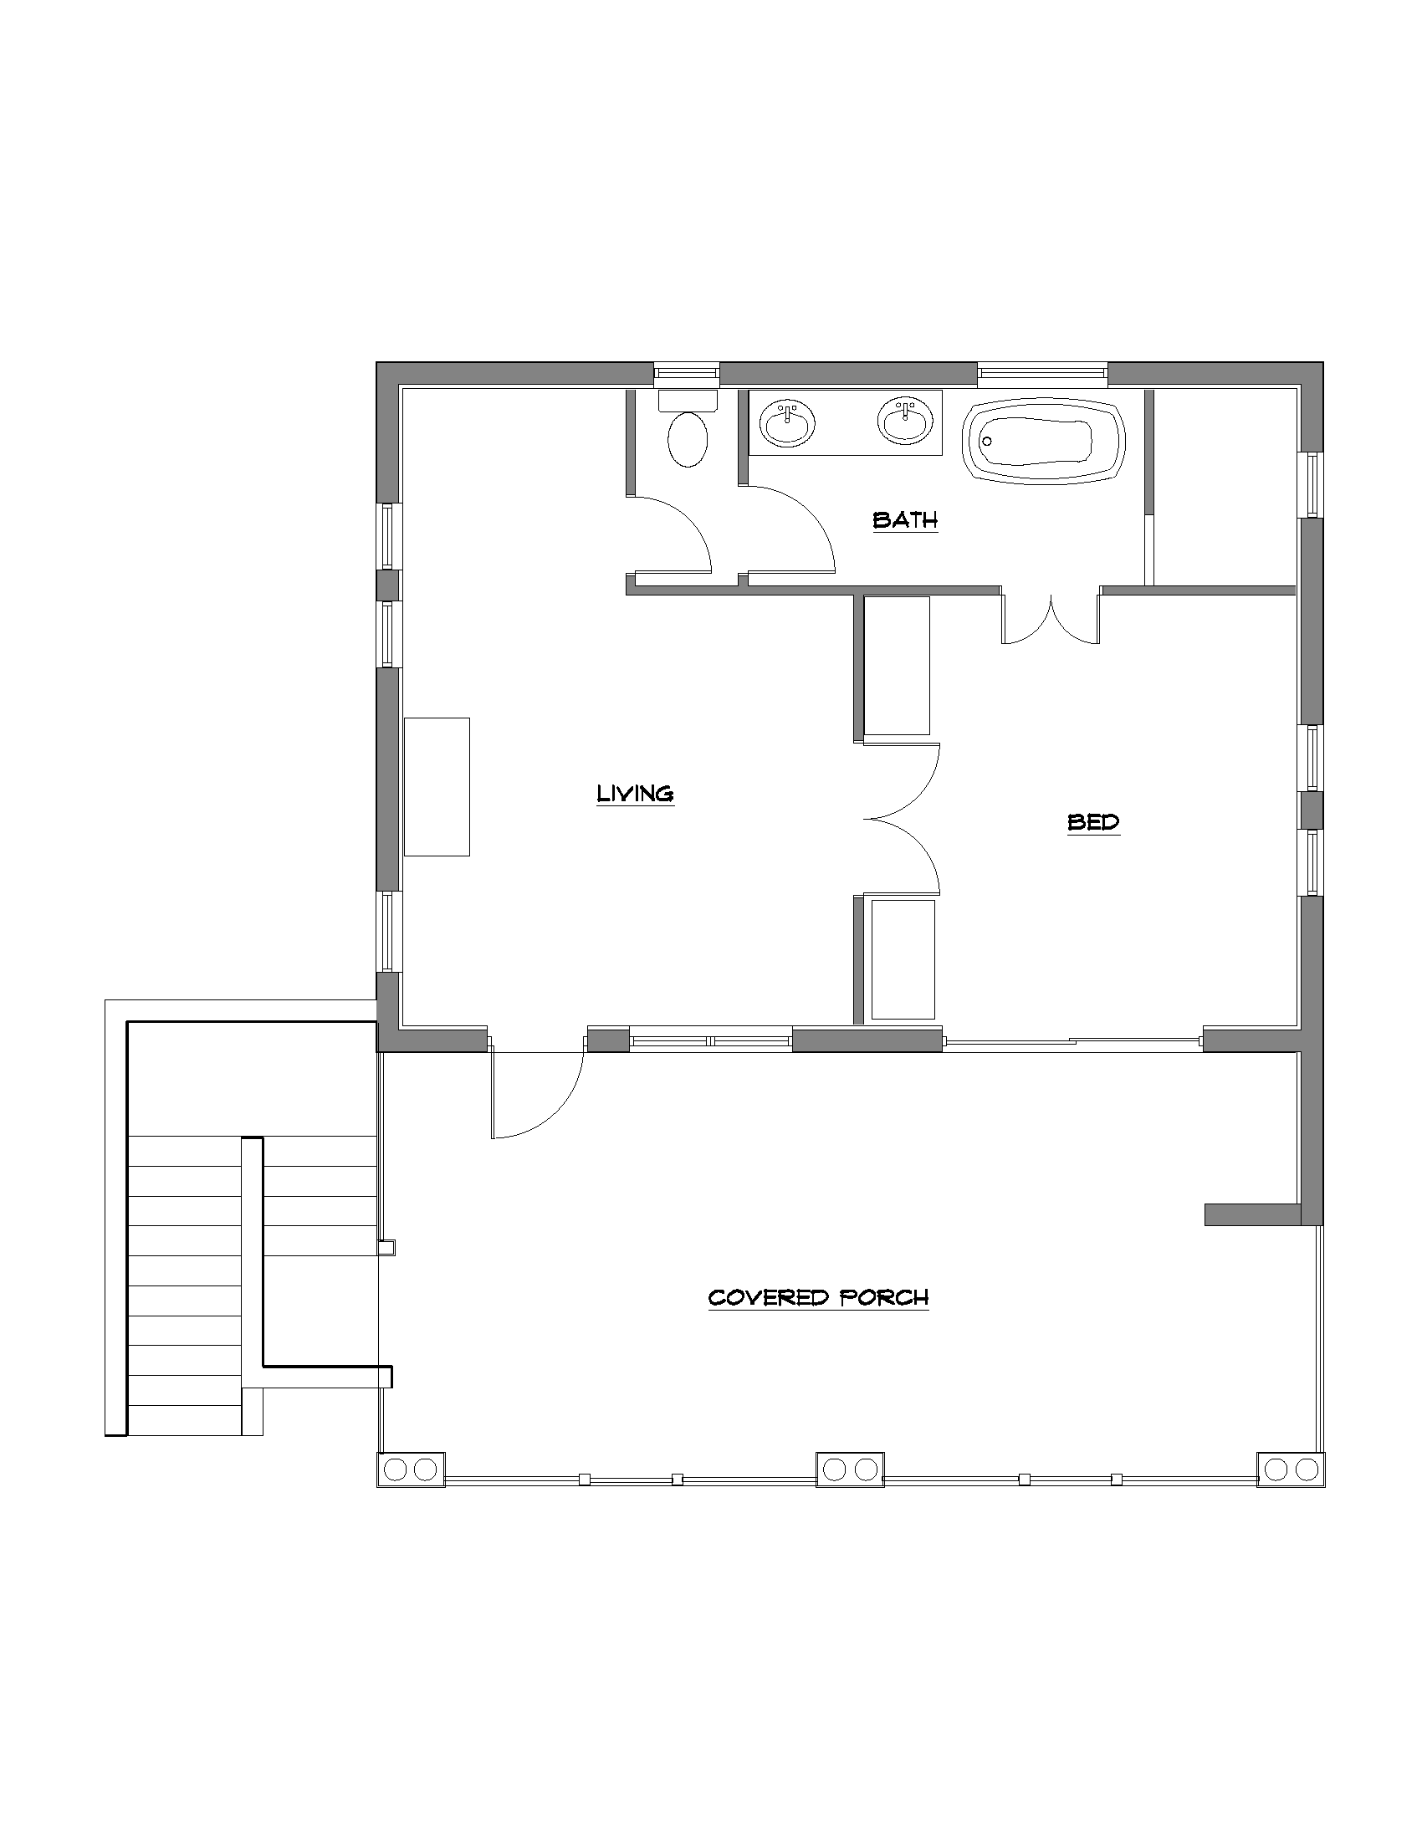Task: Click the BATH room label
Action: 905,520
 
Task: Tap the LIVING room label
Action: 635,794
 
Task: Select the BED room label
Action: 1093,821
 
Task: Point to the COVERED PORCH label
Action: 818,1296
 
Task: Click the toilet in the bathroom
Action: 688,429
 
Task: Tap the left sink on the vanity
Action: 788,422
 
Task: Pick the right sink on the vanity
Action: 906,421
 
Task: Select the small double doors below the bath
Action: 1051,619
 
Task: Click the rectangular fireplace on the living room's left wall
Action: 437,787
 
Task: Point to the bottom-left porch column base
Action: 410,1469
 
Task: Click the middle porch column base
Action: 850,1469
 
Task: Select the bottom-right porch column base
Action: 1291,1469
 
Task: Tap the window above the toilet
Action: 687,374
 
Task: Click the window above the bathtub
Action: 1042,374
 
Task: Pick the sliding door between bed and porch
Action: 1072,1041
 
